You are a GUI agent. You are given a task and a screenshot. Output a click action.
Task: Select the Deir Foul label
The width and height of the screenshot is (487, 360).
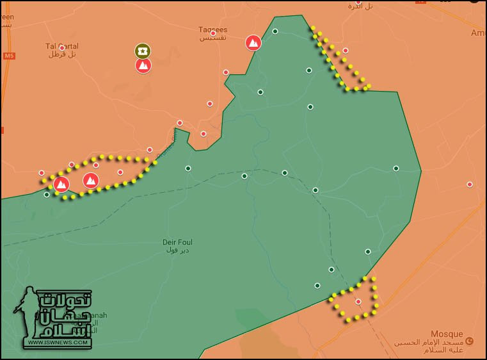[x=177, y=242]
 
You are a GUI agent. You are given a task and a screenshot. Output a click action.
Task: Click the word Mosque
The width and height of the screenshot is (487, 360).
[x=446, y=334]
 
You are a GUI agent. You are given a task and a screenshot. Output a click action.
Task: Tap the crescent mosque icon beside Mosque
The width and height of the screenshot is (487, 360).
[x=470, y=341]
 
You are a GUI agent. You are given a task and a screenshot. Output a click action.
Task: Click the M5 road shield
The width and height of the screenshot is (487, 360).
[x=9, y=56]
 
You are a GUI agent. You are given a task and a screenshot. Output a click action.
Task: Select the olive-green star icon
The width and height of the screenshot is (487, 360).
[x=143, y=51]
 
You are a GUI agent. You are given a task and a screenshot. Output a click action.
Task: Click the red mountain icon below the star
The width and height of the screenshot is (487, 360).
[x=143, y=65]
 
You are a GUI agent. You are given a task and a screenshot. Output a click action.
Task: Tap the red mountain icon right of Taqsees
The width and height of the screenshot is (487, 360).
[x=253, y=43]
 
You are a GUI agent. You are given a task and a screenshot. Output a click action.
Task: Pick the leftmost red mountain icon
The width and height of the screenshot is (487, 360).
[x=61, y=184]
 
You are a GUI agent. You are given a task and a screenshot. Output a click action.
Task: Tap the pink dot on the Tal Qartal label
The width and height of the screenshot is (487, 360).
[x=62, y=48]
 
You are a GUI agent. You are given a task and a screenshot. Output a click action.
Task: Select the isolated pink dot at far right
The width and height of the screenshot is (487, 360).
[x=470, y=184]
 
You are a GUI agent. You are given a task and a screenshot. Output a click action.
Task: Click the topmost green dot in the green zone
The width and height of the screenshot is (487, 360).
[x=275, y=31]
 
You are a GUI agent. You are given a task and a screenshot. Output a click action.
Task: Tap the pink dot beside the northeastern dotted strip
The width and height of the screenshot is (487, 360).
[x=346, y=50]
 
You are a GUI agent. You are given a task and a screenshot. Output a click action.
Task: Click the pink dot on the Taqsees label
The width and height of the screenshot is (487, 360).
[x=213, y=33]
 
